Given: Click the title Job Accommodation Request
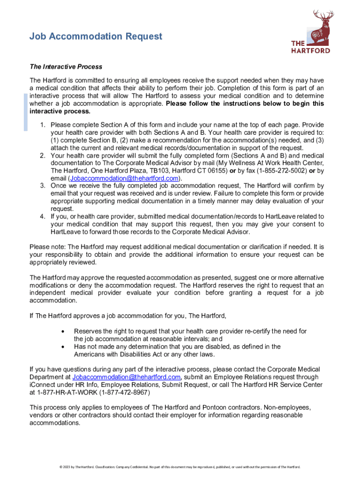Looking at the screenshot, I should coord(96,36).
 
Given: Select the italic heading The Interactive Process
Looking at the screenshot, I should coord(66,67).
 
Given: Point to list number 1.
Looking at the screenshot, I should coord(42,125).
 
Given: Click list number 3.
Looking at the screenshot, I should coord(42,186).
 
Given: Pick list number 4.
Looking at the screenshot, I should coord(42,217).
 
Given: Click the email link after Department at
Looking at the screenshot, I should coord(126,377).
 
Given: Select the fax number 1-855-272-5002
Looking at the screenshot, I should coord(279,171).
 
